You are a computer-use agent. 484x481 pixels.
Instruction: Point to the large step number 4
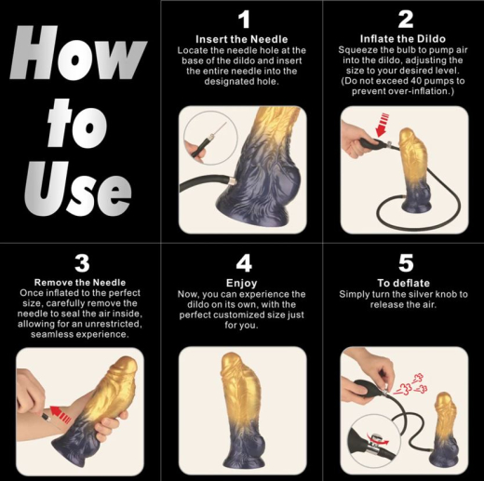click(x=244, y=262)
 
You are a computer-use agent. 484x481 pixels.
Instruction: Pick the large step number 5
click(x=405, y=262)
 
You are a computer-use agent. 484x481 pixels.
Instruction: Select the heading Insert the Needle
click(x=243, y=38)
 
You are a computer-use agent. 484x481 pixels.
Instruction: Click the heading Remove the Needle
click(x=80, y=281)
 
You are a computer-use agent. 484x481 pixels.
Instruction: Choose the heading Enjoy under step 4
click(x=243, y=281)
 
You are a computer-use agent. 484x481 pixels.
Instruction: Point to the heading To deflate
click(x=405, y=281)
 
